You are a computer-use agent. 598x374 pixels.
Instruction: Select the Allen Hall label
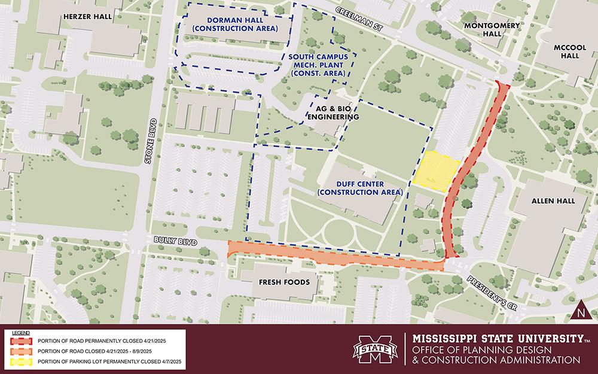click(x=553, y=201)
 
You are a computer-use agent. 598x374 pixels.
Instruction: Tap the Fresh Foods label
click(x=280, y=281)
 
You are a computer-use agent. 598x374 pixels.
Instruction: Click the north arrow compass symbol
click(x=580, y=311)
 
